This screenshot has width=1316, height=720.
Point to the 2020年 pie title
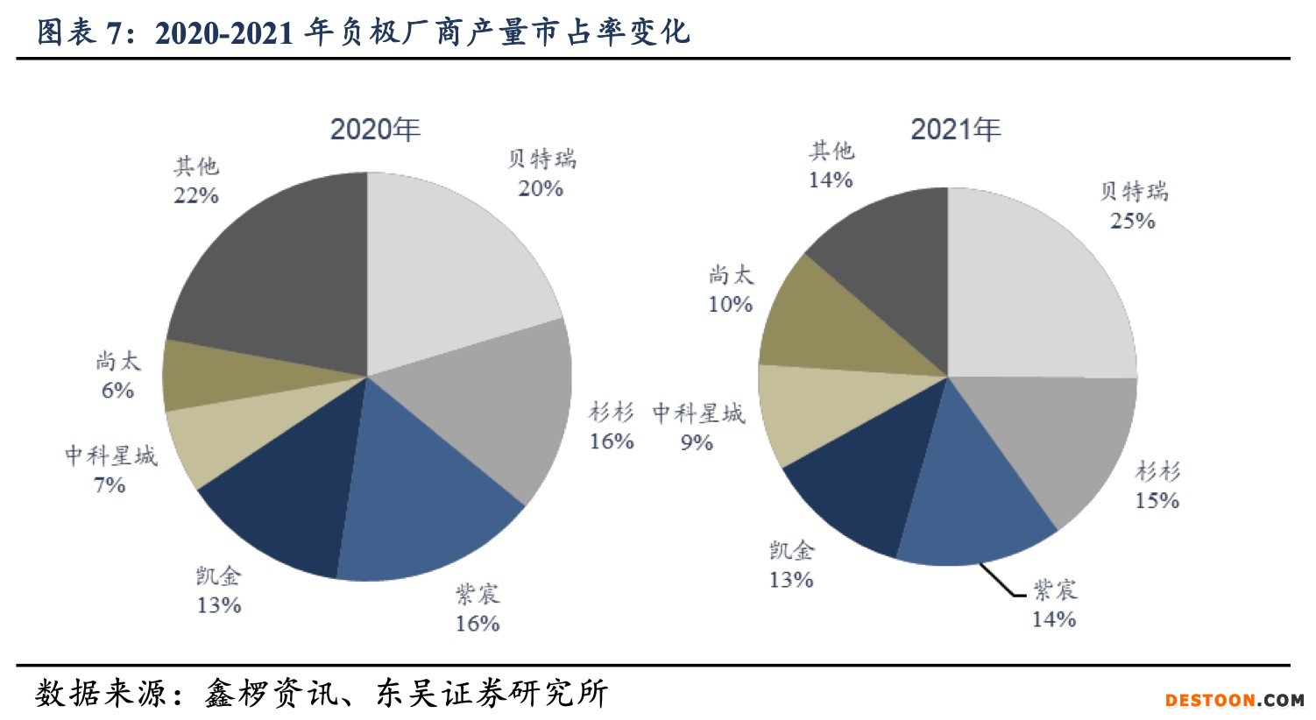(x=375, y=130)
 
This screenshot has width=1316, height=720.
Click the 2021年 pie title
(x=955, y=130)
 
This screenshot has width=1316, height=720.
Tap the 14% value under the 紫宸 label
(x=1053, y=619)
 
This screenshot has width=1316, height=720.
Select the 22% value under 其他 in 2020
(x=195, y=195)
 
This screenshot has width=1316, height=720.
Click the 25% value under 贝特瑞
(x=1132, y=222)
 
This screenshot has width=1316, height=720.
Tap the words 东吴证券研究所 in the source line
(x=492, y=693)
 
